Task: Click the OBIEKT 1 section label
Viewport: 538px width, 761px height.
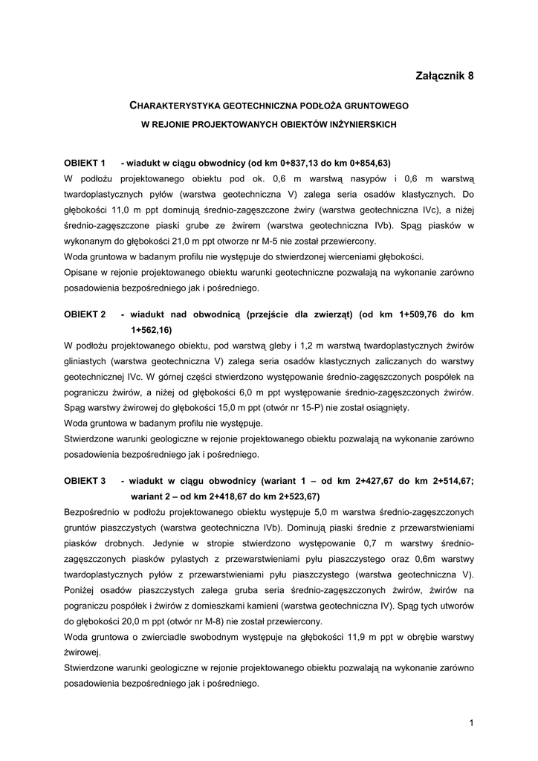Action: pyautogui.click(x=86, y=163)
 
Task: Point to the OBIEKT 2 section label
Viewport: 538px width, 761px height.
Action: pyautogui.click(x=86, y=315)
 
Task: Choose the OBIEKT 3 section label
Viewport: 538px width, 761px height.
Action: pyautogui.click(x=86, y=481)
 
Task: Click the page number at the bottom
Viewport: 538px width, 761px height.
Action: pyautogui.click(x=471, y=722)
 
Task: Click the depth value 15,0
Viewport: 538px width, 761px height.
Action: pyautogui.click(x=210, y=407)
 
